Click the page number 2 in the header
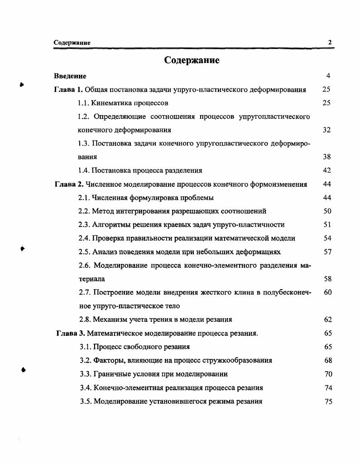pos(330,43)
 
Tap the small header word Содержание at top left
pos(72,43)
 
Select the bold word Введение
pos(70,76)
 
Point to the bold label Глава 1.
pos(68,89)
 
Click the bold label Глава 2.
pos(69,184)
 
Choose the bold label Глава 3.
pos(70,333)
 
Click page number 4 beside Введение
pos(329,76)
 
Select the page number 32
pos(327,130)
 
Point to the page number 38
pos(327,157)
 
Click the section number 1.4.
pos(84,170)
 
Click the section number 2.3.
pos(84,224)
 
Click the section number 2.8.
pos(84,320)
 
